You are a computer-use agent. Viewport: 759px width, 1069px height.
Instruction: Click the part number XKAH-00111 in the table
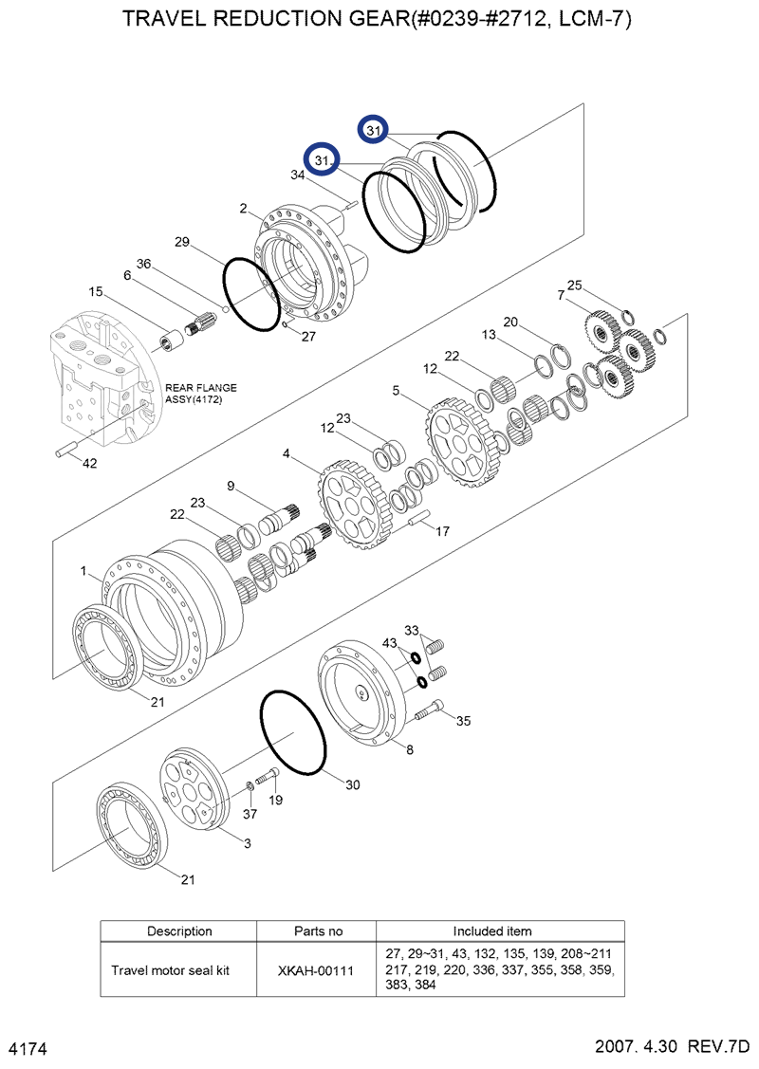(317, 970)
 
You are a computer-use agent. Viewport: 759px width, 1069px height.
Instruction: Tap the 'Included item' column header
(499, 931)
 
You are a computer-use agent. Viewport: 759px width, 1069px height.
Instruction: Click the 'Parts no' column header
(317, 931)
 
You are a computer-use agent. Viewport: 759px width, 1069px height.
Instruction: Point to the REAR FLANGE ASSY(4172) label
(201, 394)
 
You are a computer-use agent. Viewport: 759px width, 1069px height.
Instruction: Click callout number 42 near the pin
(89, 464)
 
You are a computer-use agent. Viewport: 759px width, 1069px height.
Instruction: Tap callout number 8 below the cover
(409, 750)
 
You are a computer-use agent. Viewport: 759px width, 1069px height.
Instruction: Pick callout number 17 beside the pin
(442, 532)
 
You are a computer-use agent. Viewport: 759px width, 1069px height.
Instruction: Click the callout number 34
(298, 175)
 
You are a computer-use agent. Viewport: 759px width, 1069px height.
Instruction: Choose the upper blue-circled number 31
(372, 130)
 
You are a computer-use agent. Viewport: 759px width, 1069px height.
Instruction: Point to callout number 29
(183, 243)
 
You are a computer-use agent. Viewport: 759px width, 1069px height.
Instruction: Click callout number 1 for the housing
(84, 571)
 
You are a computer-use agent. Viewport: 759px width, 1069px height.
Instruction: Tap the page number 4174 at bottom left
(28, 1049)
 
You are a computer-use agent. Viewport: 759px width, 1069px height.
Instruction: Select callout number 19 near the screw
(275, 800)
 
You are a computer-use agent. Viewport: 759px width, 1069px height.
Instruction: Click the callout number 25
(573, 285)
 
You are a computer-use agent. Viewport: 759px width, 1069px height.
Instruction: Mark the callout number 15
(96, 291)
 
